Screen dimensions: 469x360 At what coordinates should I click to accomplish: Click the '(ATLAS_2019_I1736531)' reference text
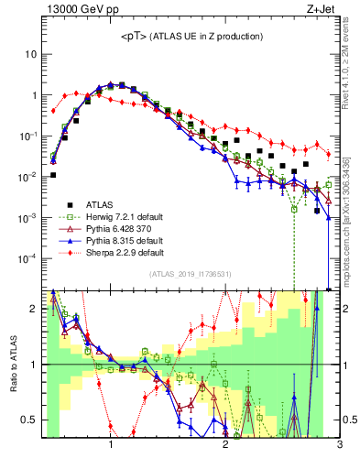pos(191,274)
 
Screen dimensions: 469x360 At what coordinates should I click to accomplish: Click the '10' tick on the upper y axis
pos(30,54)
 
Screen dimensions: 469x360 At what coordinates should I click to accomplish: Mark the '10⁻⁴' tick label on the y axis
pos(28,258)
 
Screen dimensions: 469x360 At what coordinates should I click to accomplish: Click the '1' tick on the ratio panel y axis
pos(33,365)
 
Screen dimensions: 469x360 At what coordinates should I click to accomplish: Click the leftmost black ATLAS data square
pos(53,174)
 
